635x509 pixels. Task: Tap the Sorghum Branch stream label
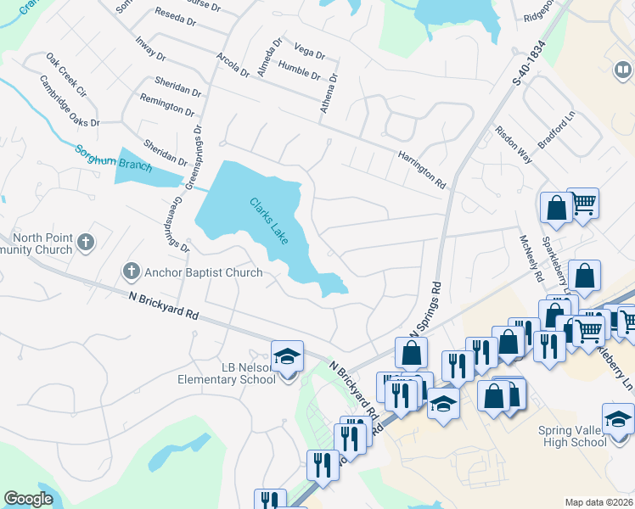(114, 159)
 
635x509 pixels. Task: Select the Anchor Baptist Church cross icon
(131, 272)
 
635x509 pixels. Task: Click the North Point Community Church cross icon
(85, 243)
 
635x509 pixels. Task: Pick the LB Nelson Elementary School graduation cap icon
(287, 357)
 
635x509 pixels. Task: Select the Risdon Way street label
(513, 145)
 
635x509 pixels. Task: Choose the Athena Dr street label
(332, 88)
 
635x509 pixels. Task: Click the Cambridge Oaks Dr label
(70, 102)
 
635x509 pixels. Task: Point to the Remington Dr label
(168, 106)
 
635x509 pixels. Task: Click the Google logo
(28, 499)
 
